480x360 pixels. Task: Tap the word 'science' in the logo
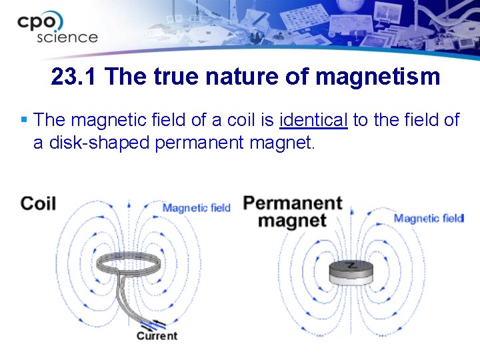click(x=67, y=37)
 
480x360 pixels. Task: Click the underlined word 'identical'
click(x=314, y=120)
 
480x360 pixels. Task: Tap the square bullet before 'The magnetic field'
click(x=24, y=121)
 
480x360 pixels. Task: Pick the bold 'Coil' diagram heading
click(x=38, y=203)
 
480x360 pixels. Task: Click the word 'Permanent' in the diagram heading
click(x=293, y=203)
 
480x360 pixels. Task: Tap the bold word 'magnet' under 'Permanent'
click(x=292, y=221)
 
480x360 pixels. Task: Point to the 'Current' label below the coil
click(x=157, y=336)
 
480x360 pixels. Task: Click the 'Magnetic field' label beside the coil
click(x=196, y=208)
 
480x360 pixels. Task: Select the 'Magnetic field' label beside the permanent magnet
click(x=428, y=218)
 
